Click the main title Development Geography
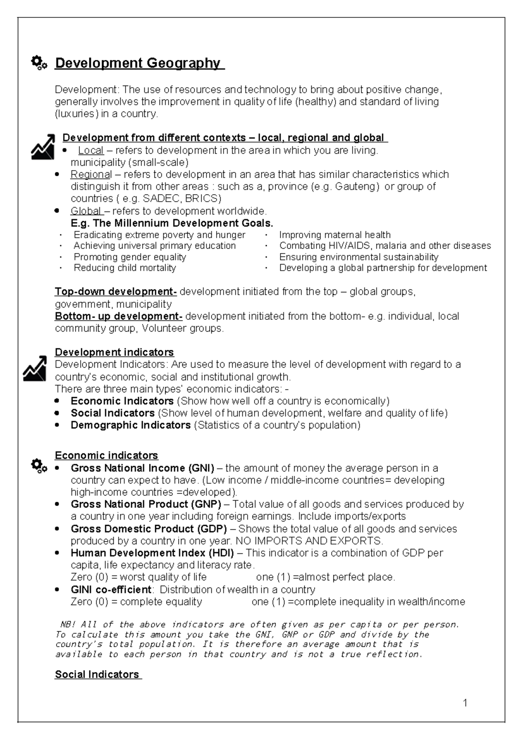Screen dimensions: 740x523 pyautogui.click(x=139, y=63)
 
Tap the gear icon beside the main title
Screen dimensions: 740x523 pyautogui.click(x=39, y=63)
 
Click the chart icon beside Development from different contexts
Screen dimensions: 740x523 pyautogui.click(x=43, y=147)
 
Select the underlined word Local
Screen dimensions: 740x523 pyautogui.click(x=91, y=151)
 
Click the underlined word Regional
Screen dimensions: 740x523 pyautogui.click(x=91, y=175)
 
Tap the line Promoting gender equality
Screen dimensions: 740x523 pyautogui.click(x=129, y=257)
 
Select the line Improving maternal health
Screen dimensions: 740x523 pyautogui.click(x=335, y=235)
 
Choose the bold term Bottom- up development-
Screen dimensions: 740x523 pyautogui.click(x=119, y=316)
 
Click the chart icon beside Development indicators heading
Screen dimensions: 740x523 pyautogui.click(x=34, y=368)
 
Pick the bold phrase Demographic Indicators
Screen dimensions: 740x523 pyautogui.click(x=130, y=425)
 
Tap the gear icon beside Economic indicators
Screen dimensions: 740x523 pyautogui.click(x=39, y=466)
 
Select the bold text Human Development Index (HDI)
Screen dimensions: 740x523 pyautogui.click(x=152, y=553)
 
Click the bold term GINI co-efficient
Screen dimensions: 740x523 pyautogui.click(x=111, y=589)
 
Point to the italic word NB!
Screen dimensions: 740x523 pyautogui.click(x=67, y=624)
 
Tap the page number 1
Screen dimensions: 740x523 pyautogui.click(x=465, y=703)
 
